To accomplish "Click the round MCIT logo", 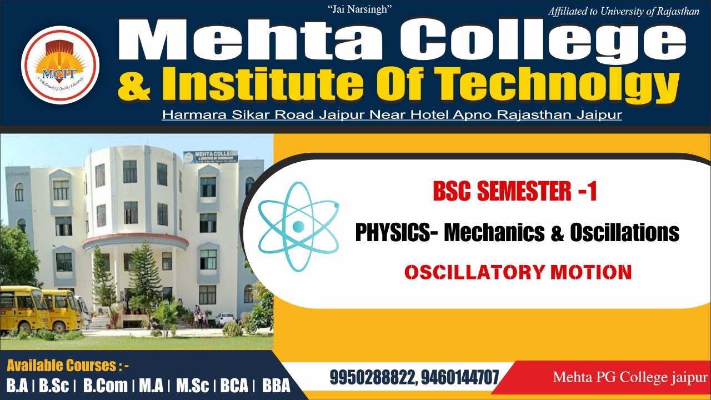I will tap(60, 65).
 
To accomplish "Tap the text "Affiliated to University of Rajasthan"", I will tap(623, 11).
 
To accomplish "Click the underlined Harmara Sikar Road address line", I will tap(392, 115).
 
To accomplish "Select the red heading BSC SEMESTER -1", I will tap(515, 192).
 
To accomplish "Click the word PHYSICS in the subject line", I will tap(392, 232).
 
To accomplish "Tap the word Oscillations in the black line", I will tap(624, 232).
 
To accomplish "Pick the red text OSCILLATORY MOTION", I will tap(518, 272).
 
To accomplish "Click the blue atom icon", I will tap(298, 225).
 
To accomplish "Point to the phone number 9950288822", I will tap(372, 378).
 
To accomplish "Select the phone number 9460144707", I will tap(460, 378).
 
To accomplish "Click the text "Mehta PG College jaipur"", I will tap(630, 378).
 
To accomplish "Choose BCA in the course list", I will tap(234, 386).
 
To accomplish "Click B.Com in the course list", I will tap(106, 386).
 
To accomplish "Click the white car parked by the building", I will tap(224, 318).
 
